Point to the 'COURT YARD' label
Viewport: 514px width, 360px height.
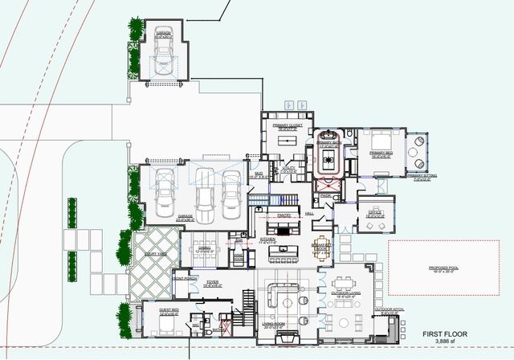157,253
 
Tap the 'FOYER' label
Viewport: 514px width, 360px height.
212,282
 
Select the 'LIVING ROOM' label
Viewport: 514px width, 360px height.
278,325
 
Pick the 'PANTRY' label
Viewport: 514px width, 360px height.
283,215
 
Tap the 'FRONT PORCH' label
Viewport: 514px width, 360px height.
186,278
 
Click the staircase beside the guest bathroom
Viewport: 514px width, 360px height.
248,303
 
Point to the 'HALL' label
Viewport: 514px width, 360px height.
309,214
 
